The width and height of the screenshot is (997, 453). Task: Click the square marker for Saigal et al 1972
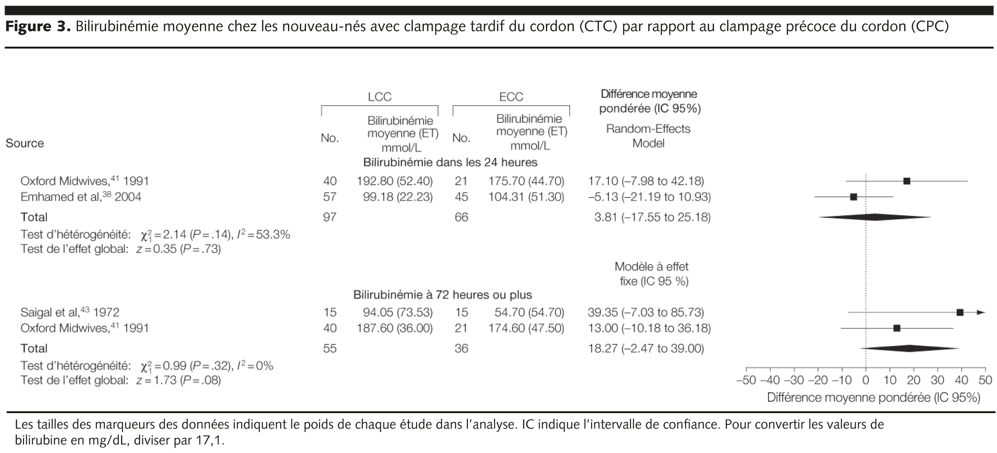(x=959, y=313)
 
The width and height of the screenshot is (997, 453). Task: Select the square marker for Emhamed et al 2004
(x=853, y=197)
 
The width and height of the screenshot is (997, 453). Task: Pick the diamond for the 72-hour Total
(x=909, y=348)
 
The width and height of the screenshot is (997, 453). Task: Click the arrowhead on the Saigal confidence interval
(x=981, y=313)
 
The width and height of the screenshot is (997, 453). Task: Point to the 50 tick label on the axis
(x=985, y=381)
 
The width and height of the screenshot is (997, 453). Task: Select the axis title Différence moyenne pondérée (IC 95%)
(x=873, y=398)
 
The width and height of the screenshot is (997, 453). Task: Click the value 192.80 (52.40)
(x=394, y=181)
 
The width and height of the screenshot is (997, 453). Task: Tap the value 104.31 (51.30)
(x=526, y=197)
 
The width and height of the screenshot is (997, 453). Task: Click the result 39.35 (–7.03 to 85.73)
(x=646, y=313)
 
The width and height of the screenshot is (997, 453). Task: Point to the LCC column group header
(x=379, y=97)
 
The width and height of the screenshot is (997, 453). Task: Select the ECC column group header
(x=511, y=97)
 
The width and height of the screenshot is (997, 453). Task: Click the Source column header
(x=25, y=144)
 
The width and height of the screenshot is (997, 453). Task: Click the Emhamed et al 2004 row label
(x=81, y=197)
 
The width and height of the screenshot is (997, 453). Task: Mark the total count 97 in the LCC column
(x=330, y=217)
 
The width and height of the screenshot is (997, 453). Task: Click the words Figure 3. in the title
(x=38, y=27)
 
